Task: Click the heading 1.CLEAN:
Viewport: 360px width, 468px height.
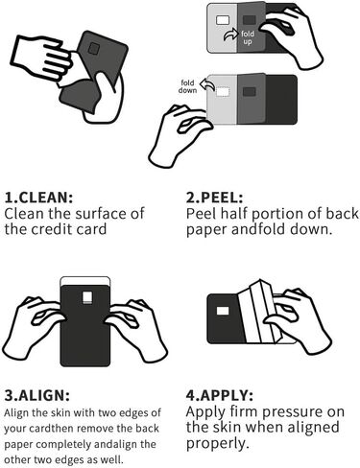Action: [x=38, y=198]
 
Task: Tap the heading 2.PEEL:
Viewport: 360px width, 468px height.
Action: [x=215, y=198]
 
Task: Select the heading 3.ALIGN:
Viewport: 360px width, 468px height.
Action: [x=37, y=396]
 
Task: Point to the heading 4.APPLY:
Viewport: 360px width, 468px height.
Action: [x=220, y=396]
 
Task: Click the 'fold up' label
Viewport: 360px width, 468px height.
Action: [x=248, y=37]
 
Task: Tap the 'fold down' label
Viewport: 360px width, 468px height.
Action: [x=187, y=86]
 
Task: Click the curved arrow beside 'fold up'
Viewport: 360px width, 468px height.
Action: [x=230, y=35]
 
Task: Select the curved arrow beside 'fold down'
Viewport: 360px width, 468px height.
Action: [x=207, y=84]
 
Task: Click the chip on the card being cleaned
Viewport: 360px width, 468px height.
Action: [x=94, y=49]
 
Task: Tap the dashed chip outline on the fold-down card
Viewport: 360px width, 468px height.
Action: [x=223, y=92]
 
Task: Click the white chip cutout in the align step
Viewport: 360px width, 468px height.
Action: [x=87, y=297]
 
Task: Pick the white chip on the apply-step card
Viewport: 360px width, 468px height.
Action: [x=223, y=311]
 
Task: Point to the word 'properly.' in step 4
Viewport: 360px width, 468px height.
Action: [x=217, y=444]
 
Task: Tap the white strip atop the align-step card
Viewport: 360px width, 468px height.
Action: [x=85, y=281]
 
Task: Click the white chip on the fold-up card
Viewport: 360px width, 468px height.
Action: [x=223, y=20]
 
